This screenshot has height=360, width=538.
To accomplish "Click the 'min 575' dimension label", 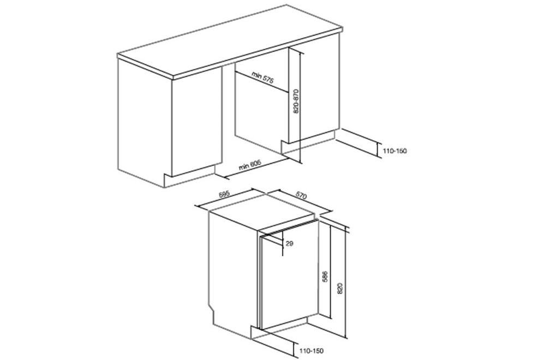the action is click(x=262, y=77).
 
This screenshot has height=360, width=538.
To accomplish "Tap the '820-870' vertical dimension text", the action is click(x=296, y=101).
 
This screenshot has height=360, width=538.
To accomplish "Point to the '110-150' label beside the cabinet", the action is click(x=394, y=151).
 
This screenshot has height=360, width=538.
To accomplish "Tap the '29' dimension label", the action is click(x=290, y=243).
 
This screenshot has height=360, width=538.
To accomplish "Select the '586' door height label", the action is click(x=326, y=277).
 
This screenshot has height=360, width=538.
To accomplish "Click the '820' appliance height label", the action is click(x=340, y=290).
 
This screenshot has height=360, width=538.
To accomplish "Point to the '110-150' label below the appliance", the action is click(x=311, y=351).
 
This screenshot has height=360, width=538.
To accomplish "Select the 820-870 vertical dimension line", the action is click(x=300, y=106).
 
